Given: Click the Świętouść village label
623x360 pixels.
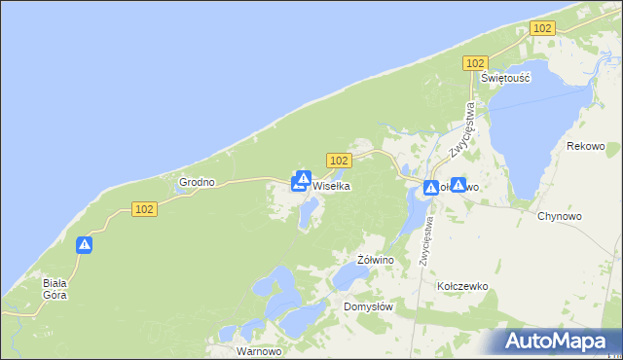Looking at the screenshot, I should coord(505,79).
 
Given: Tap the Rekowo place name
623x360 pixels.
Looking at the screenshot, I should coord(585,146).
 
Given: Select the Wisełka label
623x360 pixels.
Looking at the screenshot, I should coord(331,185).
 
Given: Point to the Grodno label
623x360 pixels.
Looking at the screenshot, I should coord(197,182).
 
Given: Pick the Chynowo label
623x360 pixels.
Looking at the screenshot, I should coord(559,216).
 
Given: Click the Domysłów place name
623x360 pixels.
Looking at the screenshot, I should coord(368,306).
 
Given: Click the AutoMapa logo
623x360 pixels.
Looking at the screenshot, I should coord(556,342).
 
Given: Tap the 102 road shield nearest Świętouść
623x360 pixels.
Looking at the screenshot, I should coord(474,63).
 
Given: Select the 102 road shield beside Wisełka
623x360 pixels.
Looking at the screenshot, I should coord(338,160).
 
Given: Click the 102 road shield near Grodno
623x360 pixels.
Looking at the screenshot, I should coord(143,209).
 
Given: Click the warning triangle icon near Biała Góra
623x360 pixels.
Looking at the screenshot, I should coord(85,246).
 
